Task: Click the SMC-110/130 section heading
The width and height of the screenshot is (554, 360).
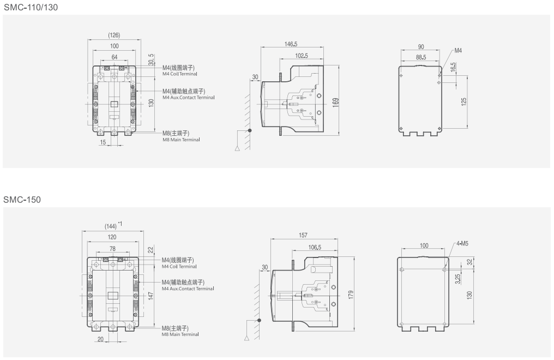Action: point(31,7)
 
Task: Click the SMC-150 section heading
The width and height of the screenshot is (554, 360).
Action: point(22,200)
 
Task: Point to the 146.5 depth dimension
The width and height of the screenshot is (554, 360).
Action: point(291,44)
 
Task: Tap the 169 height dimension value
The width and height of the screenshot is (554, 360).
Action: point(336,101)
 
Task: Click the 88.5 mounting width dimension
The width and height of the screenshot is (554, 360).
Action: point(420,56)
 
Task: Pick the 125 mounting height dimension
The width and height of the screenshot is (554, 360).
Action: point(463,102)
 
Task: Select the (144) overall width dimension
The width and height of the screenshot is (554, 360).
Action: point(111,226)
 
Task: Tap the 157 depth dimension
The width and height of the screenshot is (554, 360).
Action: point(303,235)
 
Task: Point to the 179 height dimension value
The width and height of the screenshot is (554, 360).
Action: point(351,295)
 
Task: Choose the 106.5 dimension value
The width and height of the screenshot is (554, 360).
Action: point(314,247)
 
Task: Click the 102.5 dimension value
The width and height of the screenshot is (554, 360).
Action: point(302,56)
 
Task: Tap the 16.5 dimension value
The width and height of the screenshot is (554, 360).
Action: point(453,67)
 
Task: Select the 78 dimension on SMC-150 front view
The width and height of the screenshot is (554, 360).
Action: point(112,249)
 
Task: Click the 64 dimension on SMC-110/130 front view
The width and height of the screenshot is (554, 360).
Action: point(115,57)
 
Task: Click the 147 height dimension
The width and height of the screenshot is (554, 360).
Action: point(150,295)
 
